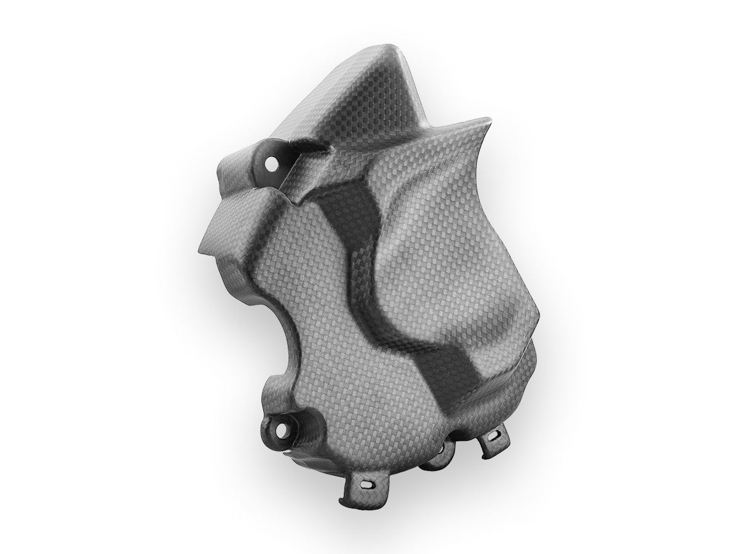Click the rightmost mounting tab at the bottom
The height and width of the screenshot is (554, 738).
(x=492, y=443)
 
